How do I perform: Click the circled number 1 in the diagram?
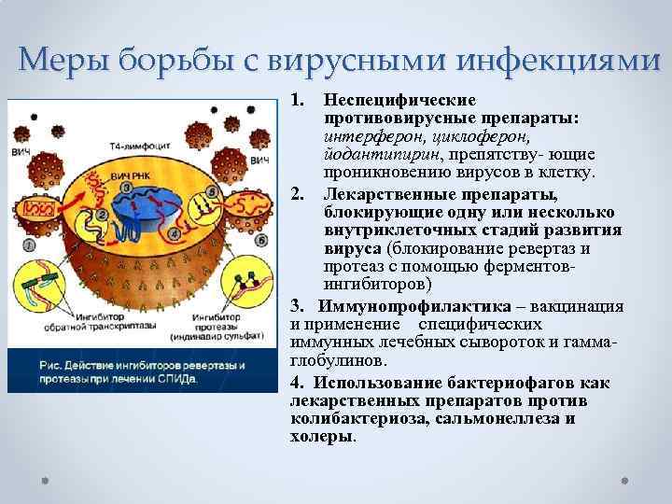tap(30, 245)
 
